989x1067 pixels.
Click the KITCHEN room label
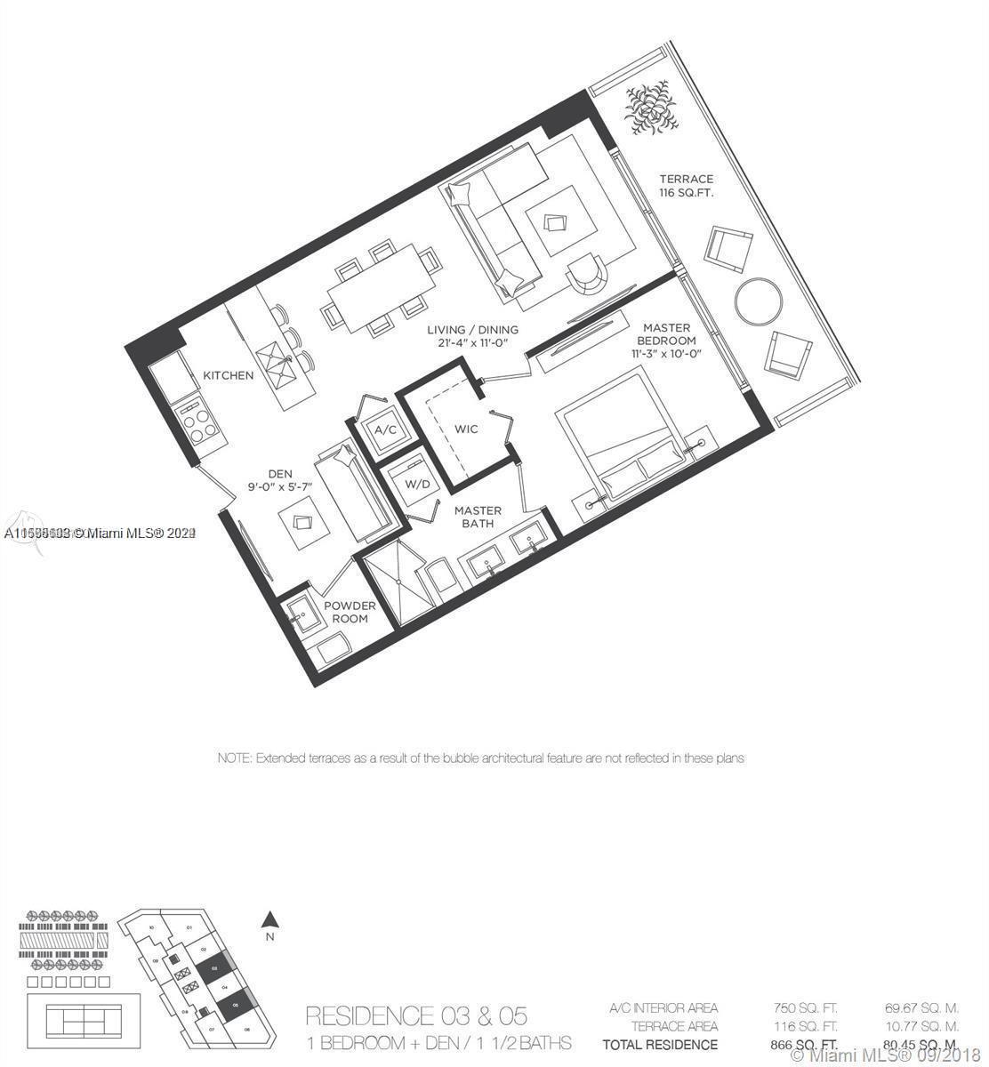(x=228, y=375)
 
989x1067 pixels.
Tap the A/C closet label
(x=385, y=429)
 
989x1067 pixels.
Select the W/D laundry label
(x=416, y=485)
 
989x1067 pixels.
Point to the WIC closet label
(x=466, y=429)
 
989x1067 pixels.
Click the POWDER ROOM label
(x=350, y=612)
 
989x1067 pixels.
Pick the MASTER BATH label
(x=478, y=517)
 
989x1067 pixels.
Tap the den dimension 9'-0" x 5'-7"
(x=281, y=486)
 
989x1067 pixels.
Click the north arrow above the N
(x=272, y=920)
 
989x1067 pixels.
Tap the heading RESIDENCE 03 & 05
(x=416, y=1015)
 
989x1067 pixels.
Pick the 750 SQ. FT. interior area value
(x=805, y=1008)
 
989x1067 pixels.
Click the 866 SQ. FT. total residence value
(x=805, y=1044)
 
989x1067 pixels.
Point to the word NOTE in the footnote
(x=234, y=758)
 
